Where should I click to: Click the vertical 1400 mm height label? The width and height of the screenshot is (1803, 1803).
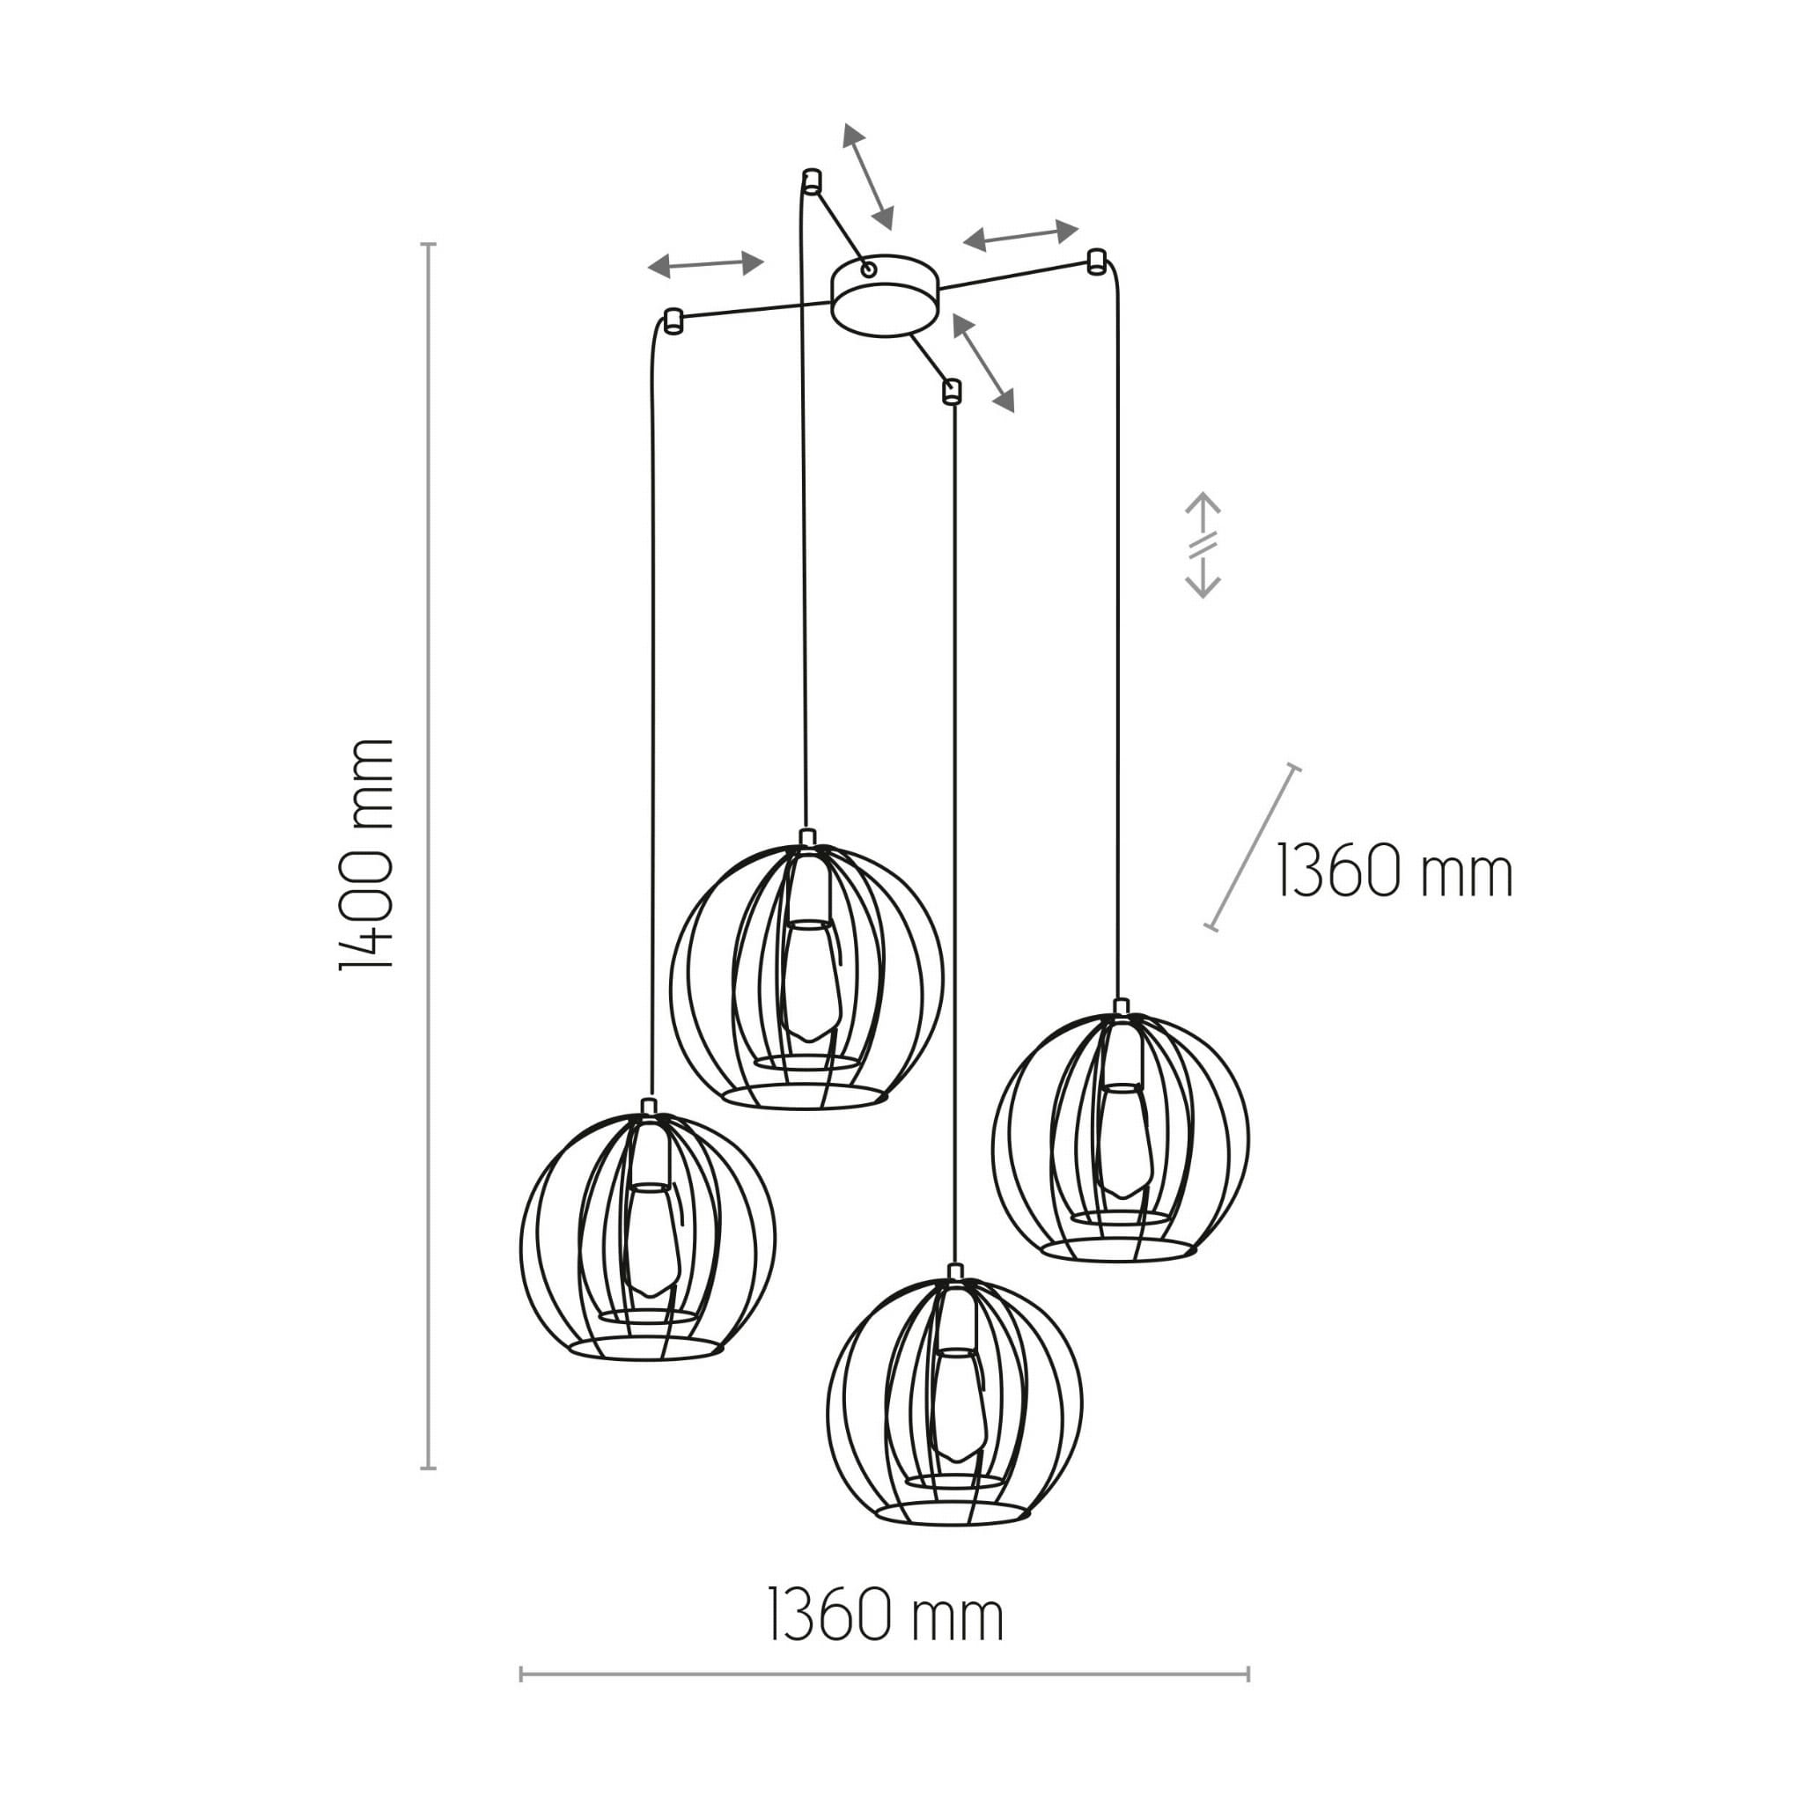366,855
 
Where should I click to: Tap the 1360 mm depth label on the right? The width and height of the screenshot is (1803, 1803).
1395,871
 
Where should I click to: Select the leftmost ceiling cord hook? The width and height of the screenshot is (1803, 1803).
672,320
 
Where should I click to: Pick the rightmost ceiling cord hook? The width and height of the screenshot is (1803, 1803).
1097,261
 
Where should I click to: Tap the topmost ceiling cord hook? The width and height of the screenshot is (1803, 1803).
811,180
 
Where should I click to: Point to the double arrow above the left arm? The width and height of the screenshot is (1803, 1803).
705,265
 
